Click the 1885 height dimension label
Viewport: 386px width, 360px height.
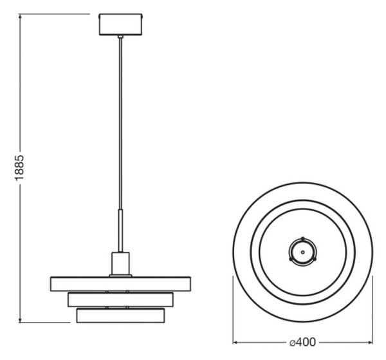pyautogui.click(x=19, y=168)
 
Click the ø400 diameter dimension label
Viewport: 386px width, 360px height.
pyautogui.click(x=302, y=342)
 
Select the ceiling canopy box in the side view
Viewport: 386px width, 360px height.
pyautogui.click(x=121, y=24)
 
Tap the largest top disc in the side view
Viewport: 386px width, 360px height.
pyautogui.click(x=120, y=284)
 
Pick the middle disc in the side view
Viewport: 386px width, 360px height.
pyautogui.click(x=120, y=299)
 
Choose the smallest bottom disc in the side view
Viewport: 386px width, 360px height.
pyautogui.click(x=120, y=316)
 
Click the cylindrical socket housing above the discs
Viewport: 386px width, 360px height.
pyautogui.click(x=120, y=263)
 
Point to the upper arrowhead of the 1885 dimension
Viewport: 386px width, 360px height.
pyautogui.click(x=20, y=16)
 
